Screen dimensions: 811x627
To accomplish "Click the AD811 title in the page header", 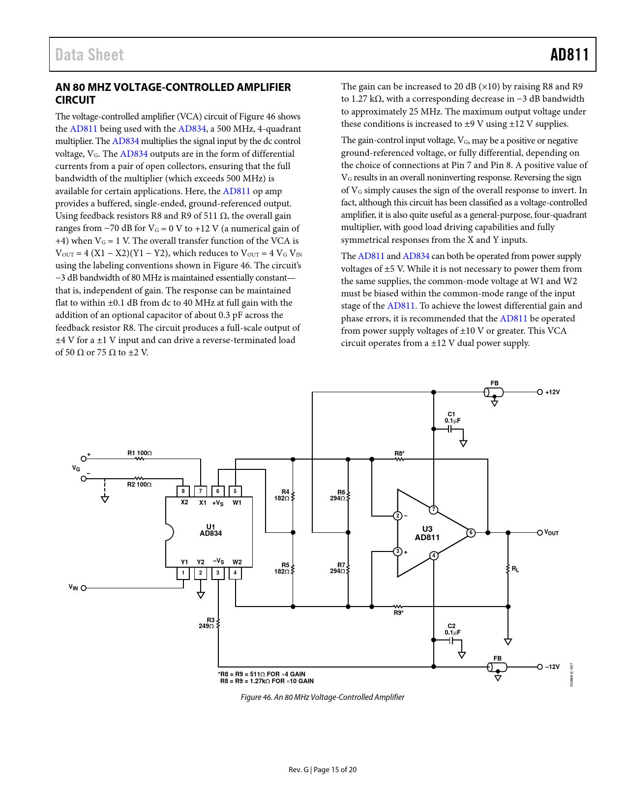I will coord(569,55).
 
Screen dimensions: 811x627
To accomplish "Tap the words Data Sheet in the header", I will coord(90,55).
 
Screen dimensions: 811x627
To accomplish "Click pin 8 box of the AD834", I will coord(183,491).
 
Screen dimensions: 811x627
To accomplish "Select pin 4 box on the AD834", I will coord(235,573).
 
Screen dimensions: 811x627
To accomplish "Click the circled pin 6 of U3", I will coord(471,533).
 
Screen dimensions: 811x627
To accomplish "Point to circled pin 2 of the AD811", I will coord(397,516).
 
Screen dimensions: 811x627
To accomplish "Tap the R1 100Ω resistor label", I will coord(140,453).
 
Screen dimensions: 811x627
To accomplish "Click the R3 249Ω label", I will coord(207,623).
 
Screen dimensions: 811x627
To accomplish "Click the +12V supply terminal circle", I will coord(540,392).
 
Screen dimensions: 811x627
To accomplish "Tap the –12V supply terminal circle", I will coord(540,667).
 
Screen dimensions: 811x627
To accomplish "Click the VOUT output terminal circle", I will coord(539,533).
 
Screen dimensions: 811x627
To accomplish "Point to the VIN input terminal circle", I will coord(84,588).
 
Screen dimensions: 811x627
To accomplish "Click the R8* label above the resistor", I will coord(399,454).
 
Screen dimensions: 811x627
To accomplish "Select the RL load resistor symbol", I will coord(508,569).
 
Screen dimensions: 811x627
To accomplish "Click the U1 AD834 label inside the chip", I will coord(210,530).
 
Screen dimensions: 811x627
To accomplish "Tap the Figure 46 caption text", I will coord(322,697).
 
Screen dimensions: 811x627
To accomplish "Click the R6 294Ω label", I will coord(338,495).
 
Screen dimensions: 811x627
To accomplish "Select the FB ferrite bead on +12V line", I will coord(494,392).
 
